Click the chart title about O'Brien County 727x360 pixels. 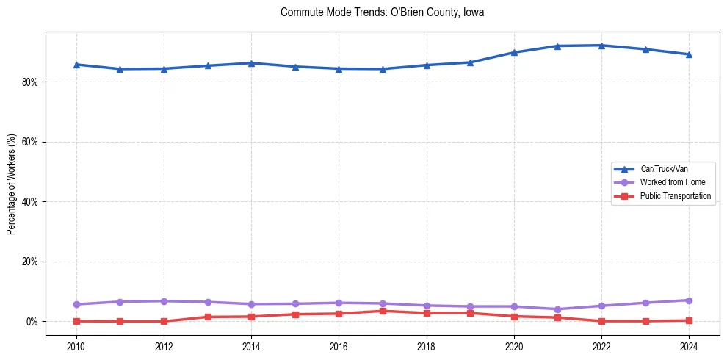[382, 12]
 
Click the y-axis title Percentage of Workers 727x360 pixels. [11, 184]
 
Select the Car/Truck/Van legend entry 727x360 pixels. [664, 169]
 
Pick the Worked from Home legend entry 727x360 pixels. [671, 182]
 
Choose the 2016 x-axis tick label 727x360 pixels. [339, 345]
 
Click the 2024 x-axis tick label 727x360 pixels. [689, 345]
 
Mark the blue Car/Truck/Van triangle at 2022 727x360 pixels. [601, 46]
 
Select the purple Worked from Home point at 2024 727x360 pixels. [689, 300]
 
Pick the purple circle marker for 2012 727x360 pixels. [164, 301]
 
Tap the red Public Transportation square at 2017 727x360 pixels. [383, 311]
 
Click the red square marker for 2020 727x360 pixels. [514, 317]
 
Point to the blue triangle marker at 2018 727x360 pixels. [427, 65]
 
